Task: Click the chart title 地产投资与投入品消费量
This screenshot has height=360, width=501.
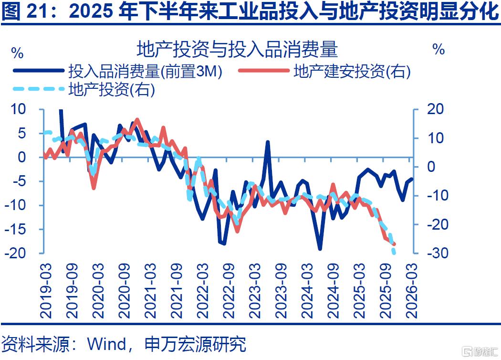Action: click(x=237, y=49)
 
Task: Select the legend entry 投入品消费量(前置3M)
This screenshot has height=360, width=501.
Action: click(x=117, y=71)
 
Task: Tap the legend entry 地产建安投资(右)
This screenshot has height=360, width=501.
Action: click(x=324, y=71)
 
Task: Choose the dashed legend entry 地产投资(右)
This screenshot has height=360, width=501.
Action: click(x=84, y=89)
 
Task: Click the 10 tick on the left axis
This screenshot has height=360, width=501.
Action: click(x=18, y=109)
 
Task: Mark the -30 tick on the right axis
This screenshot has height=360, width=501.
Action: click(x=436, y=253)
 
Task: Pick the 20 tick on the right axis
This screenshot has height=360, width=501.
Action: click(x=436, y=109)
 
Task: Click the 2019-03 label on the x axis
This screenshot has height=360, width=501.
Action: click(x=45, y=290)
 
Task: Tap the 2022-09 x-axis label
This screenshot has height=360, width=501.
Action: click(x=229, y=290)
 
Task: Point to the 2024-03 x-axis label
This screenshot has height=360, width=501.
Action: click(x=307, y=290)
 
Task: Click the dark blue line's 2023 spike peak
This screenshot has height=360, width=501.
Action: click(x=268, y=142)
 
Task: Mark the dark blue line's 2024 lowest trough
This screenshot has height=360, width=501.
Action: click(x=320, y=248)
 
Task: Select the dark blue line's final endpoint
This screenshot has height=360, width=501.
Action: click(x=411, y=179)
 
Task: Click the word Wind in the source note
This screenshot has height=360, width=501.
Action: click(x=107, y=344)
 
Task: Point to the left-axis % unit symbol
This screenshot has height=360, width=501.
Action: click(x=17, y=53)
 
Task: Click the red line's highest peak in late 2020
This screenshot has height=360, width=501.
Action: click(x=137, y=119)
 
